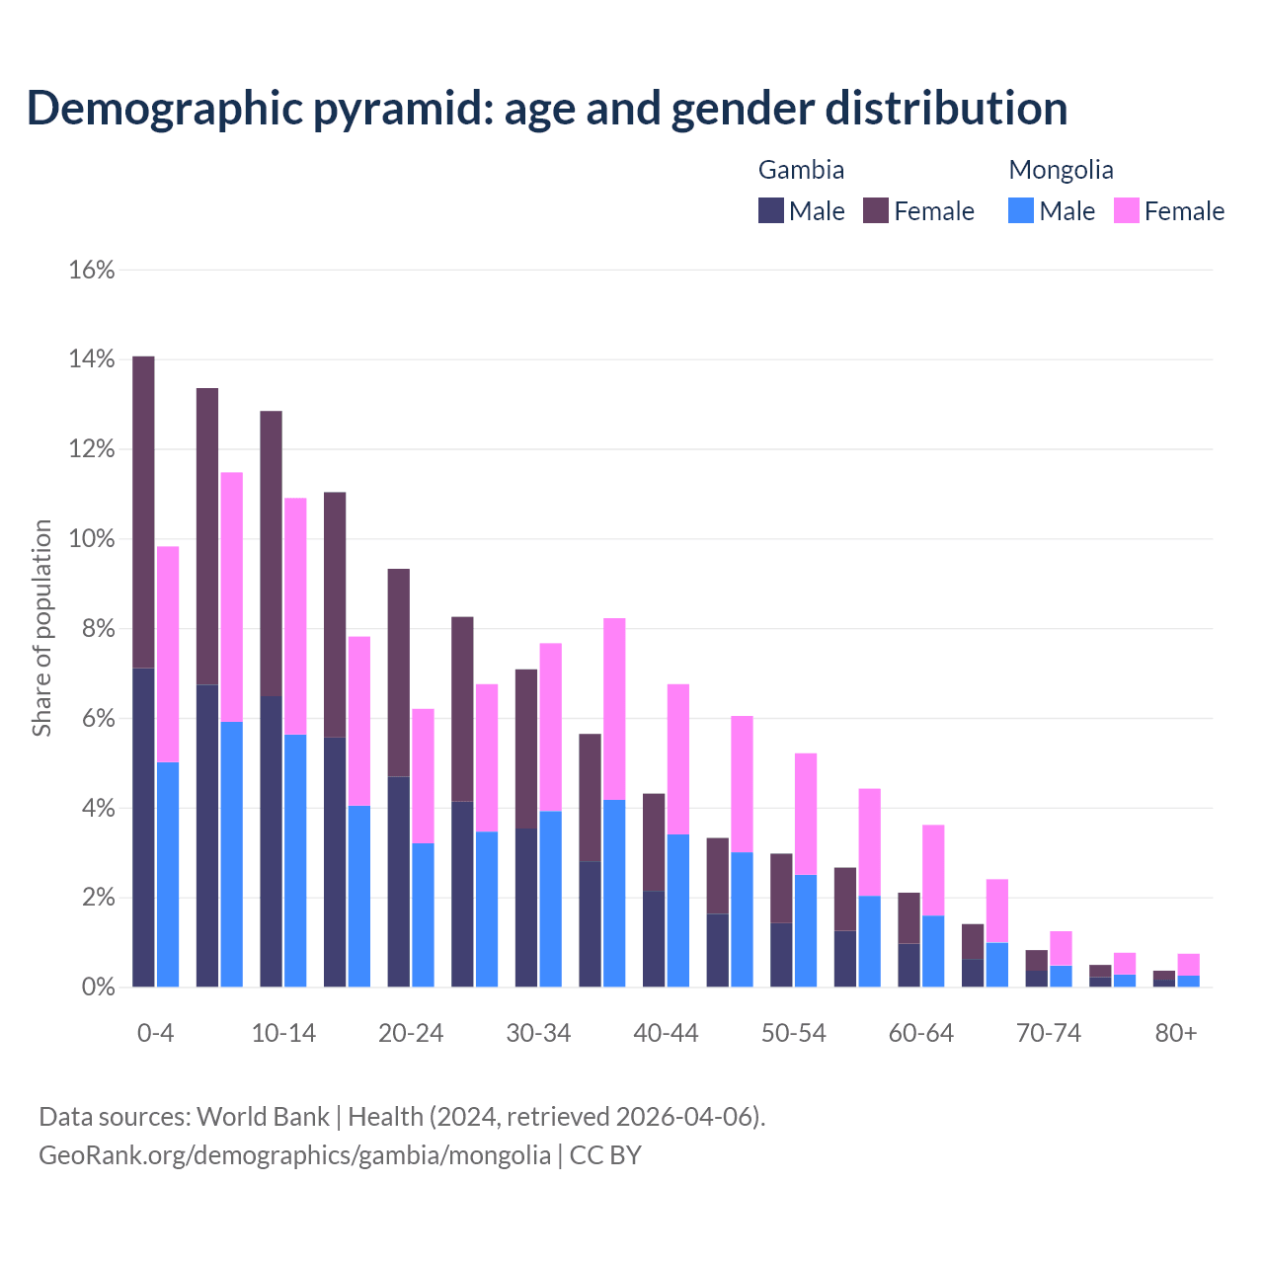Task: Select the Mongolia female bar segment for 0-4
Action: click(168, 654)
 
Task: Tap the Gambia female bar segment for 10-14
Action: click(271, 553)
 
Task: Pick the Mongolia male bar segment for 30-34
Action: click(550, 899)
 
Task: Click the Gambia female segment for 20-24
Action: click(398, 672)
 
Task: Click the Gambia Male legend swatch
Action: click(771, 210)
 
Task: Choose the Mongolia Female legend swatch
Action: click(1127, 210)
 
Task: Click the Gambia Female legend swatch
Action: click(876, 210)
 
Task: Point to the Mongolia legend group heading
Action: click(1061, 170)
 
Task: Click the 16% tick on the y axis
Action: click(92, 270)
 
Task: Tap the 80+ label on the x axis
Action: click(1176, 1033)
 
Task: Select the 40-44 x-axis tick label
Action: click(666, 1033)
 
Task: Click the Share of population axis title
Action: click(41, 628)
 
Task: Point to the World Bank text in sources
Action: click(263, 1117)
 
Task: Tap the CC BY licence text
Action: click(605, 1154)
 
